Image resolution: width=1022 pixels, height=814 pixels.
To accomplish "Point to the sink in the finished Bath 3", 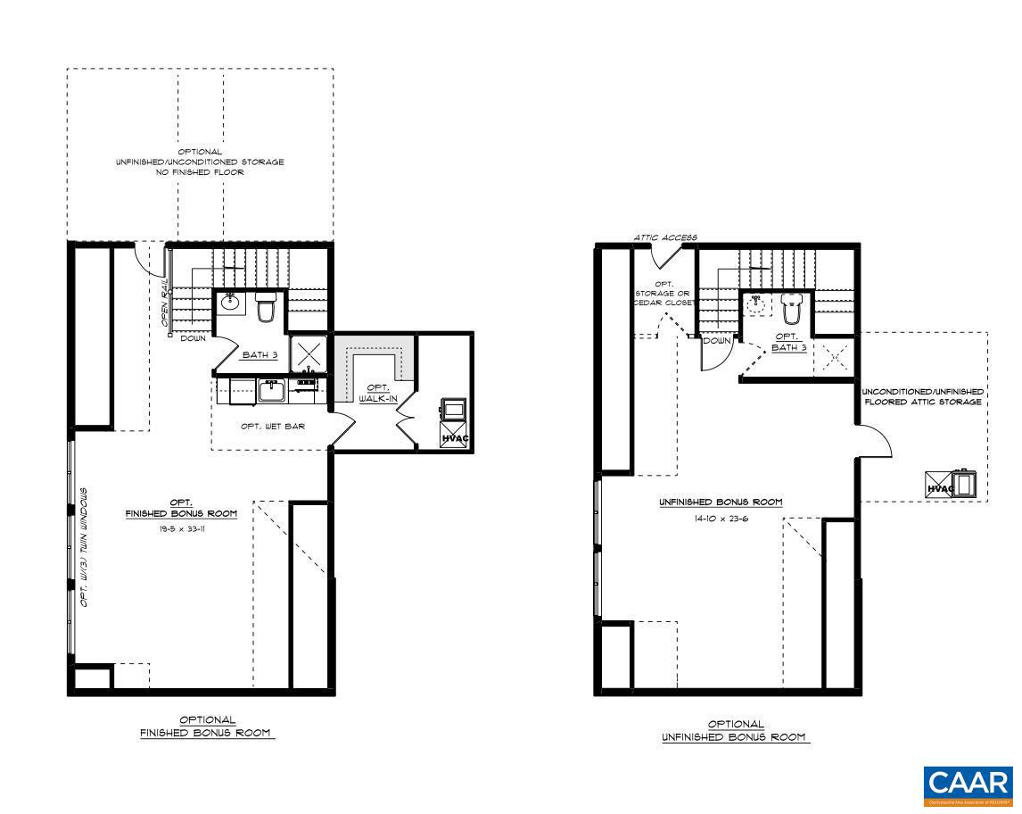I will click(230, 301).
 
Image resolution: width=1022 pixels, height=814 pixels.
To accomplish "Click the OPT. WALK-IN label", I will click(373, 394).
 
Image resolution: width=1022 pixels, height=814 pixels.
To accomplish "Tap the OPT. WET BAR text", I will click(273, 427).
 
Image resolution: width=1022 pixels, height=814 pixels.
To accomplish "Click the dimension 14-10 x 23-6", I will click(720, 519).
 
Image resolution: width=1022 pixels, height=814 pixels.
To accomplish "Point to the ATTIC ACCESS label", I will click(665, 238).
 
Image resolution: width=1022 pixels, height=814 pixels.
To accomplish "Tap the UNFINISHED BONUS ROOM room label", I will click(721, 503).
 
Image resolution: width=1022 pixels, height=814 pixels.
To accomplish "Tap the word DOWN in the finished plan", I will click(194, 339).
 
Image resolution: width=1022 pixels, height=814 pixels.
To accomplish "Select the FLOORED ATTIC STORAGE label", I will click(923, 403).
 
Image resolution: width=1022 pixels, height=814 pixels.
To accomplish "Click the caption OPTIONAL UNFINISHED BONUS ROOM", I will click(736, 731).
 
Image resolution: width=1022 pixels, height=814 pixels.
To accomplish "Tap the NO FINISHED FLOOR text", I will click(200, 172).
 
